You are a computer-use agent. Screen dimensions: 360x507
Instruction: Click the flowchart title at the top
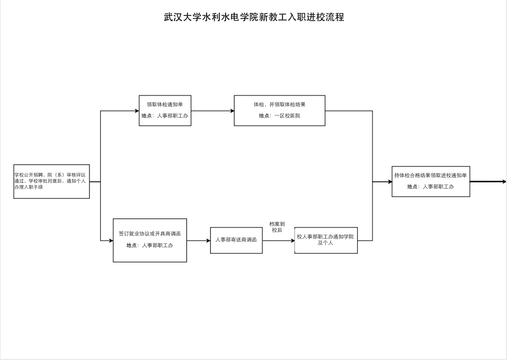tap(254, 17)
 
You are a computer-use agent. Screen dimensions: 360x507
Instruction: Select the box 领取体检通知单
tap(165, 110)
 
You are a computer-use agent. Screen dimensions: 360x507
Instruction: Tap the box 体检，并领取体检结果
tap(279, 110)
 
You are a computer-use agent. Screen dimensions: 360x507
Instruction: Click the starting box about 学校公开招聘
tap(51, 181)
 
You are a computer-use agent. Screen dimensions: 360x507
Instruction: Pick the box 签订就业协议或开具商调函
tap(149, 240)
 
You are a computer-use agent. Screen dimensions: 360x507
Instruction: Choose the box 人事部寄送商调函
tap(236, 240)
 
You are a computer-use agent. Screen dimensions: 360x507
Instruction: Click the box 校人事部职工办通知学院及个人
tap(326, 240)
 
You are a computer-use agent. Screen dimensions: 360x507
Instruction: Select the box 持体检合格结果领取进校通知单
tap(430, 181)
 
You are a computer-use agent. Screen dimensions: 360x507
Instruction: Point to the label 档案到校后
tap(277, 227)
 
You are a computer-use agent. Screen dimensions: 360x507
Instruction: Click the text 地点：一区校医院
tap(279, 116)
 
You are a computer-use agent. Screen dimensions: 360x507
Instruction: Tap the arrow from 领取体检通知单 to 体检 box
tap(212, 111)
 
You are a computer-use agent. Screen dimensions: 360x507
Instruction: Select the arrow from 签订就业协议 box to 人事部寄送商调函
tap(198, 240)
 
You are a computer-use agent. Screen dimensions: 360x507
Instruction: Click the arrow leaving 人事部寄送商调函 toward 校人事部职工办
tap(278, 240)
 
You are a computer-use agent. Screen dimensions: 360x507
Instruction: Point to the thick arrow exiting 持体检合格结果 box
tap(487, 181)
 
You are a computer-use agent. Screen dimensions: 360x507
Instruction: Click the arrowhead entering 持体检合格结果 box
tap(389, 182)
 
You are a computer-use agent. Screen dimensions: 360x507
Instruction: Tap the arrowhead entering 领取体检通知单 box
tap(136, 111)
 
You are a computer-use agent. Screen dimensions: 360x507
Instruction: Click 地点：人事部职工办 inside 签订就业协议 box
tap(149, 245)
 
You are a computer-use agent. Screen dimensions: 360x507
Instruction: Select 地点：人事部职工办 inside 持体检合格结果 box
tap(430, 187)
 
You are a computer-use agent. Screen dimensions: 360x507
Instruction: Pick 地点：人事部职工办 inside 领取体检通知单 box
tap(165, 116)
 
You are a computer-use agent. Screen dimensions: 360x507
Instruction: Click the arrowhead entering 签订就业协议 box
tap(110, 241)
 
